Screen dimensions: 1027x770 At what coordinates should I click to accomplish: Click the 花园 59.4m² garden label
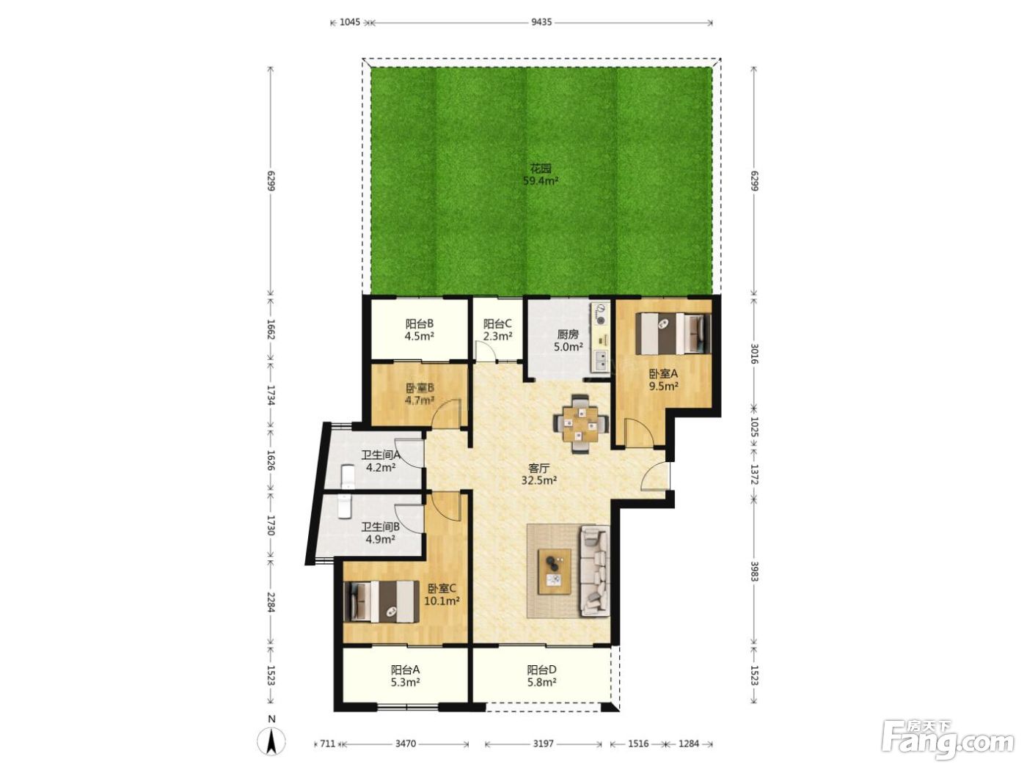click(541, 175)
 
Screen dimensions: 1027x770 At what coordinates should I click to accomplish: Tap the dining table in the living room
click(580, 424)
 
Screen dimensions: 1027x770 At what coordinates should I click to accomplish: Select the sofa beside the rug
click(595, 571)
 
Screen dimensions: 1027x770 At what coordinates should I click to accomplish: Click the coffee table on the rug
click(555, 572)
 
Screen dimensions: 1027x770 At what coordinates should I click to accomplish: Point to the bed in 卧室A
click(673, 334)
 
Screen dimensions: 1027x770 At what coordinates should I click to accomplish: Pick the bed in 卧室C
click(381, 601)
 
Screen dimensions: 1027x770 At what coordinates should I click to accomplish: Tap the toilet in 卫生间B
click(345, 506)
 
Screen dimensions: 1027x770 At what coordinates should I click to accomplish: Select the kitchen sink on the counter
click(600, 359)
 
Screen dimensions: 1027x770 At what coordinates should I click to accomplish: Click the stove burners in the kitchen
click(600, 313)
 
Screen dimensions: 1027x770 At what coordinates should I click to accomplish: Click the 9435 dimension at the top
click(541, 22)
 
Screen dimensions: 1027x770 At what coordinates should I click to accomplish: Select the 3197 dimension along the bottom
click(544, 744)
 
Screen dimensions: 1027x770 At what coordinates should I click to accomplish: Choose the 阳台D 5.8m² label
click(541, 675)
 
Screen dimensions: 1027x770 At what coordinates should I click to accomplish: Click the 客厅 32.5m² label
click(539, 474)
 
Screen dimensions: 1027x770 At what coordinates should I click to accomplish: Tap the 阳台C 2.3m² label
click(497, 329)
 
